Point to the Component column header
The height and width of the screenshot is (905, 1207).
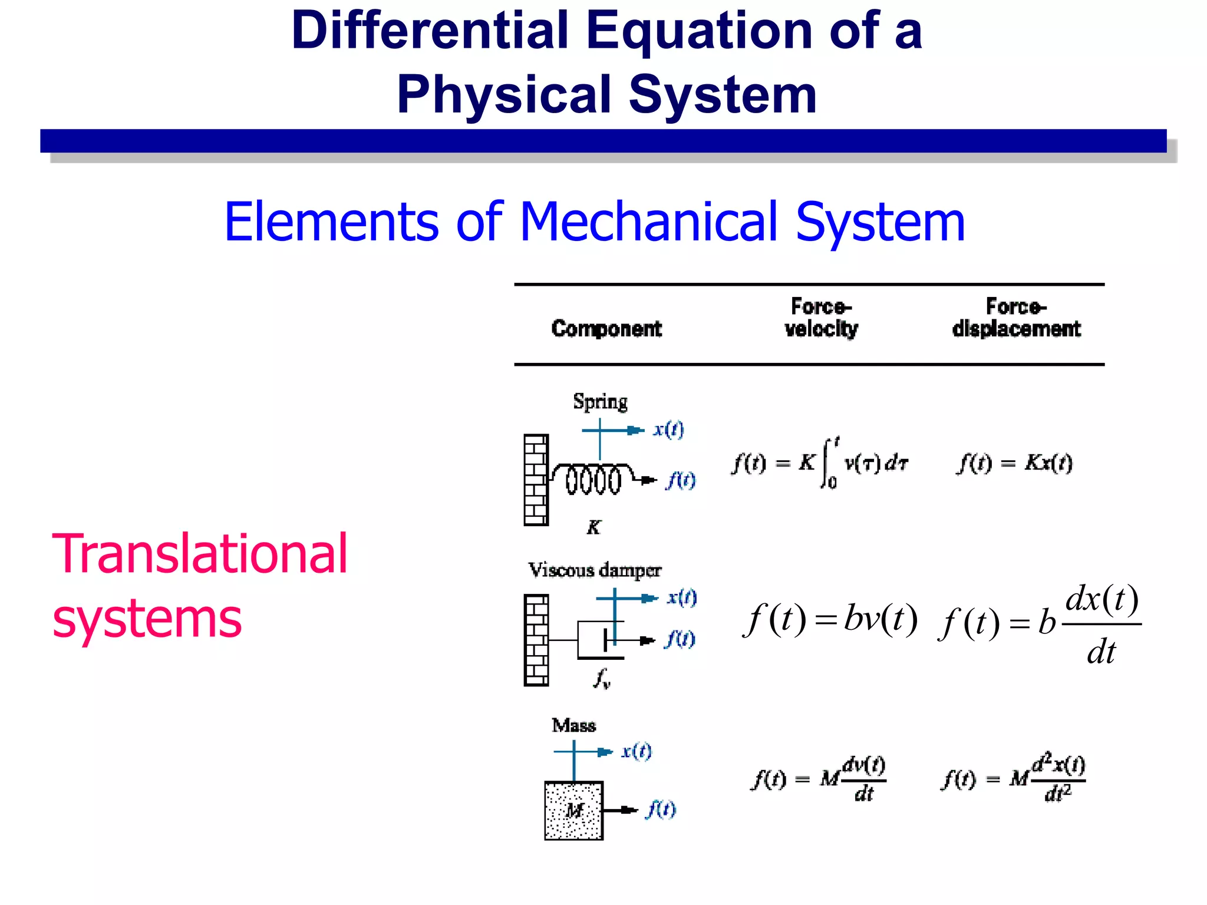coord(606,328)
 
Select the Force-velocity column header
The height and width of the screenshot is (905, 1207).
coord(821,318)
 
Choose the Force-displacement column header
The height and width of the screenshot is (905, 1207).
coord(1016,318)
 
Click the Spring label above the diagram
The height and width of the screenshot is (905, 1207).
coord(600,402)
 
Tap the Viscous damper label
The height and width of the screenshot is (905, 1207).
coord(595,570)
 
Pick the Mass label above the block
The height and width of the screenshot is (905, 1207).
coord(573,725)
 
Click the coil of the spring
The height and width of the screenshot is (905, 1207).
coord(593,480)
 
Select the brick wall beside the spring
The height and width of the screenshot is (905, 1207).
coord(536,480)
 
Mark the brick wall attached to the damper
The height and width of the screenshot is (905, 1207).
coord(536,640)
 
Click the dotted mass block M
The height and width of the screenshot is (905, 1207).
coord(573,811)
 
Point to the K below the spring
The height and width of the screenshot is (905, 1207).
coord(593,527)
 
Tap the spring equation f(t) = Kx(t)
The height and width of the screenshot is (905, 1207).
coord(1014,463)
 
